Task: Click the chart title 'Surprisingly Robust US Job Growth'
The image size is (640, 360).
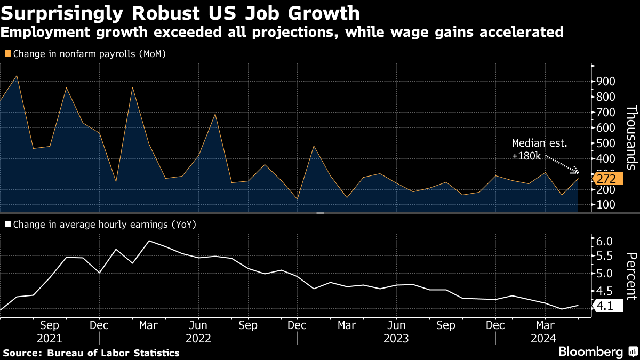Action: [180, 13]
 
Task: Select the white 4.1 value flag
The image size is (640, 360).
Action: [606, 306]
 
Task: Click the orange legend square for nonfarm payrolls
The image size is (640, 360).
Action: [7, 53]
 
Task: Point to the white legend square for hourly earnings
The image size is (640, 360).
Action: [7, 225]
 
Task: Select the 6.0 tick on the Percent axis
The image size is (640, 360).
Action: [606, 242]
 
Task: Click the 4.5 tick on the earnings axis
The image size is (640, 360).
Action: [606, 291]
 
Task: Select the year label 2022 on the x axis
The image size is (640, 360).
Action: [198, 338]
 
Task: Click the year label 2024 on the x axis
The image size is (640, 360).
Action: [544, 338]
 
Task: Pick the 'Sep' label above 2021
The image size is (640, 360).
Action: [50, 325]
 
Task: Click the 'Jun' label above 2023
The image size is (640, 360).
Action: [396, 325]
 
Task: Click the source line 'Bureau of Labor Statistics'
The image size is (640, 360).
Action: [113, 353]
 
